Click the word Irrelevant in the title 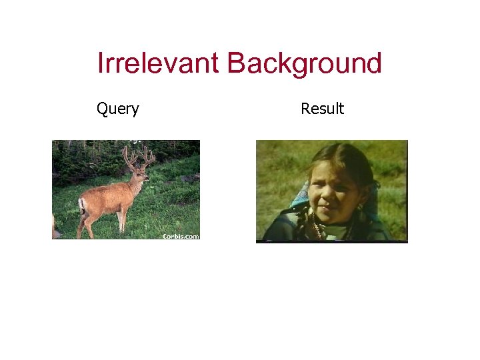(158, 63)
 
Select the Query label (118, 109)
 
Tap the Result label (322, 109)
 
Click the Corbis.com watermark (181, 236)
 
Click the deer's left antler (128, 157)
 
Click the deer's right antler (148, 157)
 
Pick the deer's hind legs (85, 223)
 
